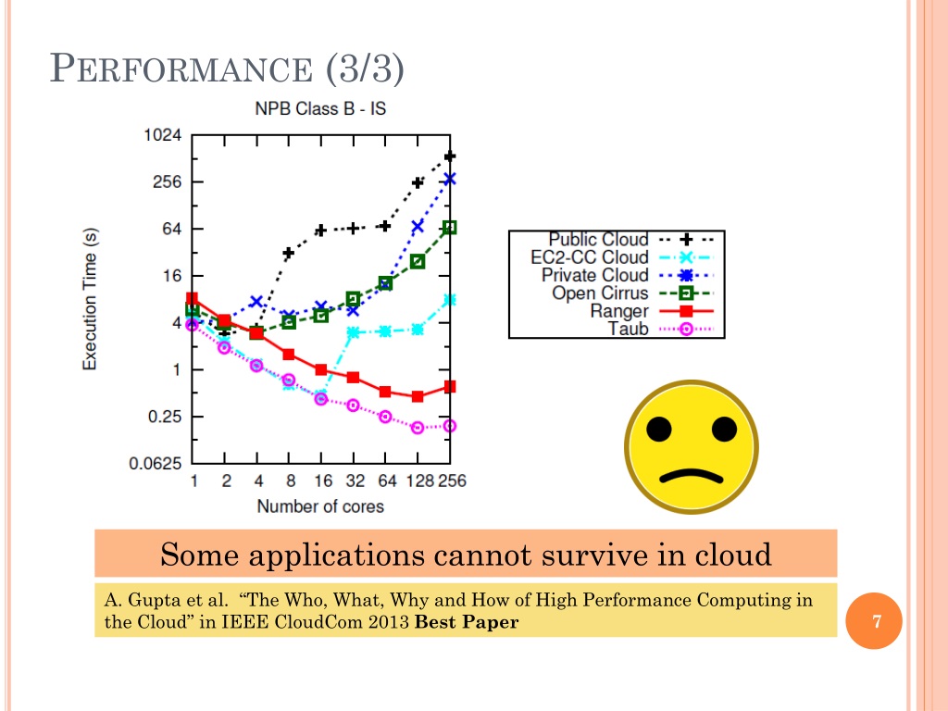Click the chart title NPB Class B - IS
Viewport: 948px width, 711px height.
click(320, 108)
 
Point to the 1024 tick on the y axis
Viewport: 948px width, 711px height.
click(162, 135)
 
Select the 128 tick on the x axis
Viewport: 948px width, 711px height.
click(417, 481)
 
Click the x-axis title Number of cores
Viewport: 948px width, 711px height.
click(320, 506)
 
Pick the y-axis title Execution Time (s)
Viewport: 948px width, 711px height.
click(91, 300)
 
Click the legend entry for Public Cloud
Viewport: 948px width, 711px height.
click(598, 240)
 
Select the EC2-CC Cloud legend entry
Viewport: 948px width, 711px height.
click(590, 257)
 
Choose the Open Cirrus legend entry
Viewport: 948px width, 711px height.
click(600, 293)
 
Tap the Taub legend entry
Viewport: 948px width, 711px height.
click(628, 329)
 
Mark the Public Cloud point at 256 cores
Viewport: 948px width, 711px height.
click(449, 157)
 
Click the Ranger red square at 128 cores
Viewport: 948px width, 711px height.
click(418, 396)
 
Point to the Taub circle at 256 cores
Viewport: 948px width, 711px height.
click(449, 426)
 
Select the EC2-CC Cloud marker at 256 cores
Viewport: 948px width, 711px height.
click(449, 300)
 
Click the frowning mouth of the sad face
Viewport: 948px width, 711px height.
click(692, 476)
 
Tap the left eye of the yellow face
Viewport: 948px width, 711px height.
click(659, 429)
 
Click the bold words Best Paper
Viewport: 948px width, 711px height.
click(467, 622)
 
